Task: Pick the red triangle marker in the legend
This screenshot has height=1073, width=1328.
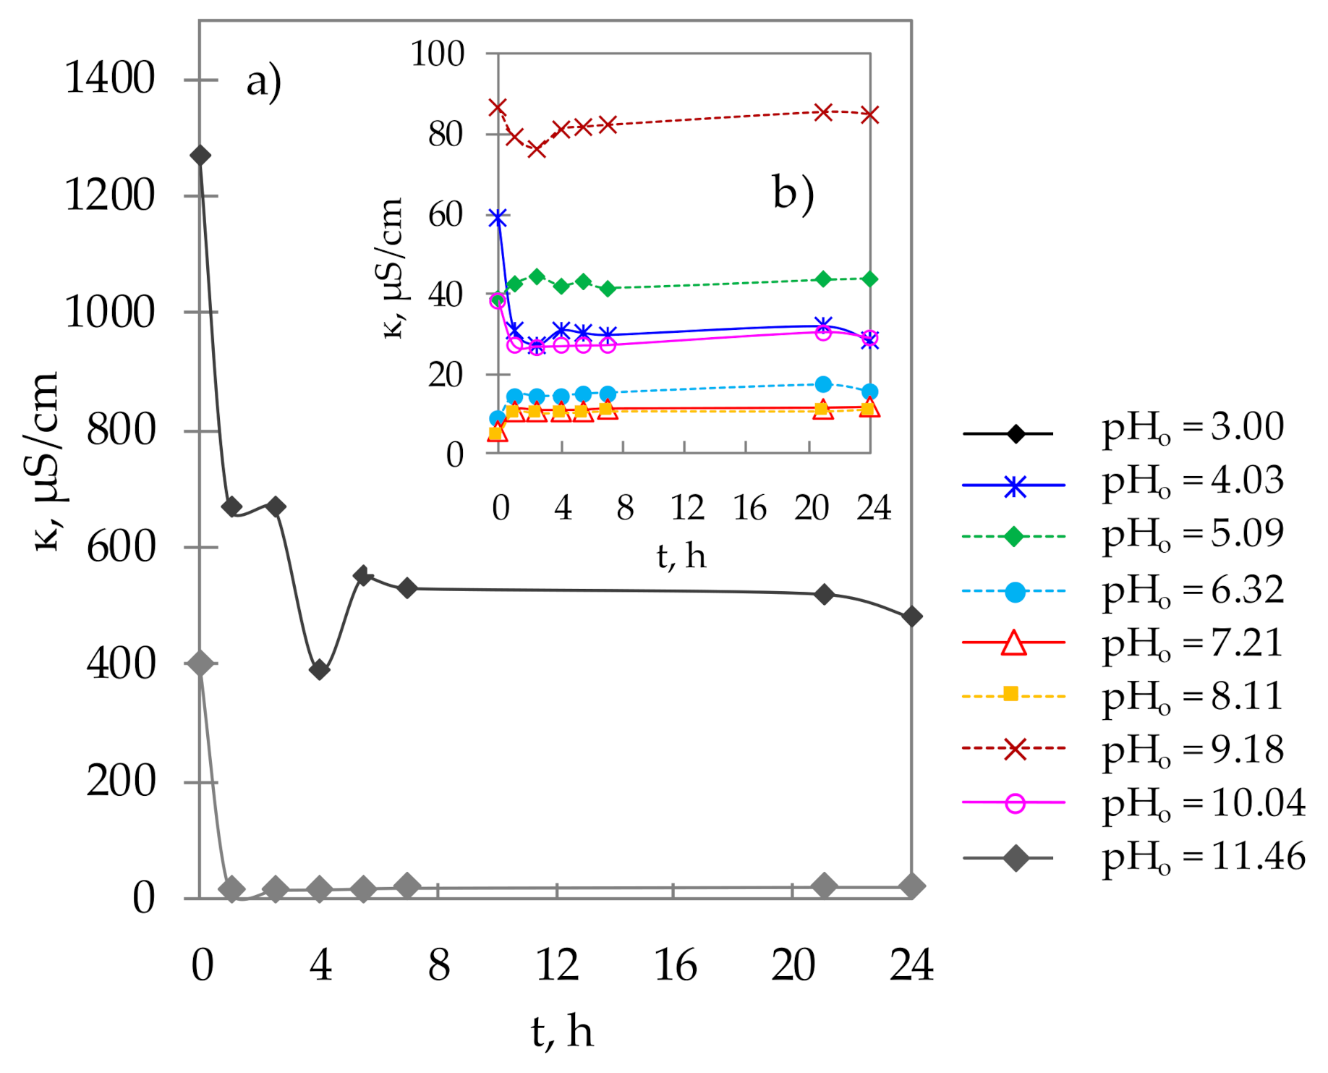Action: click(x=1014, y=642)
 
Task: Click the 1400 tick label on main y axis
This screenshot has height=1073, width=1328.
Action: click(x=109, y=77)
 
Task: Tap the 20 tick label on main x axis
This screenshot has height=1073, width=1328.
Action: click(x=793, y=965)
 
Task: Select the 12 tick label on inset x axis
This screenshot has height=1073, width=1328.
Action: click(x=686, y=508)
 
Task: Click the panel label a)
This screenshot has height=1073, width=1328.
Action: click(x=263, y=81)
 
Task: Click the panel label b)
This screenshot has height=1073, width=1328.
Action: click(x=793, y=193)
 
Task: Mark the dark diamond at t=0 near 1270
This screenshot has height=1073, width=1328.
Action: click(x=200, y=156)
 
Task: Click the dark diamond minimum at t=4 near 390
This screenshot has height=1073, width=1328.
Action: click(x=319, y=670)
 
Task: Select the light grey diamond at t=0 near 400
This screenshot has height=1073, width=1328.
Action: click(x=200, y=663)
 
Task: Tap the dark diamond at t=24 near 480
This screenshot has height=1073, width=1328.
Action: click(x=911, y=616)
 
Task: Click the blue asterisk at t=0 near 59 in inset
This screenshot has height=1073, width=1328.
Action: click(x=498, y=218)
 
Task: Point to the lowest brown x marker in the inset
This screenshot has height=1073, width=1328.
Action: click(x=536, y=150)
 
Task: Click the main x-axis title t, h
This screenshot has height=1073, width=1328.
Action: click(x=562, y=1032)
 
